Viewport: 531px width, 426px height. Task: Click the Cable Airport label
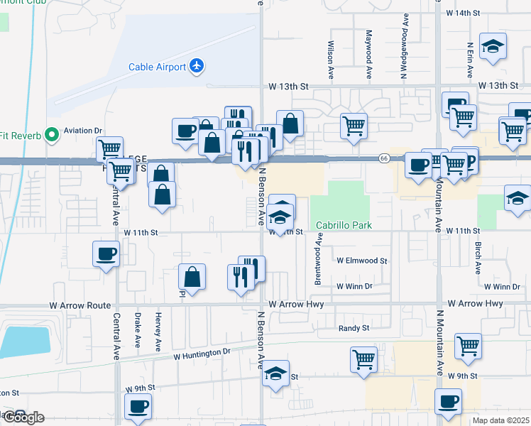click(x=157, y=67)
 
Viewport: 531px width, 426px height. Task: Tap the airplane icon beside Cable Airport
click(x=197, y=67)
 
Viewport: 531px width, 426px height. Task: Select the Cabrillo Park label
click(x=344, y=224)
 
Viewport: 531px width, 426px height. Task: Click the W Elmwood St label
click(x=362, y=261)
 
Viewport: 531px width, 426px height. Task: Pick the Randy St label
click(x=354, y=328)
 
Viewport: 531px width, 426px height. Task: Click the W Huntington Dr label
click(x=202, y=352)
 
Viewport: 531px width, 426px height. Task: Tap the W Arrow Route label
click(x=80, y=305)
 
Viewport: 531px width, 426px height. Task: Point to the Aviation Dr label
click(x=83, y=131)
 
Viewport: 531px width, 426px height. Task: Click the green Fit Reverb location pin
click(x=50, y=134)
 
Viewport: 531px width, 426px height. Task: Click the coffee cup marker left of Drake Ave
click(x=106, y=253)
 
